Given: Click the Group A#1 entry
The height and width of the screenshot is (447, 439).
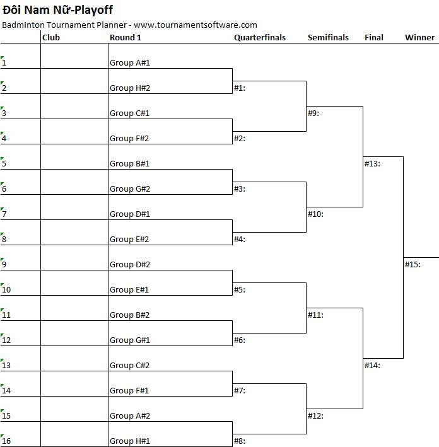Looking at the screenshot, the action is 130,62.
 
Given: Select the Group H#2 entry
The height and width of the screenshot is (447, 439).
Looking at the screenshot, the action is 130,88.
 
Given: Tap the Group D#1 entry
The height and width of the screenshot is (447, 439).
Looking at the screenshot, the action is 130,214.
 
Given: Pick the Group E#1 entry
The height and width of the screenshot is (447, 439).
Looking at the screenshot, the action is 129,289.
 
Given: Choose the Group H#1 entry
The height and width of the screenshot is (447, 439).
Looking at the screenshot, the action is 130,441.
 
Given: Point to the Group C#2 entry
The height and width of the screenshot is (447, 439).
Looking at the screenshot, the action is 129,366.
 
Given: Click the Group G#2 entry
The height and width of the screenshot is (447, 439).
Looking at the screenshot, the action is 130,189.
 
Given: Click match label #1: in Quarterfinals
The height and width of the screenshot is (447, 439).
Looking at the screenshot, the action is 240,88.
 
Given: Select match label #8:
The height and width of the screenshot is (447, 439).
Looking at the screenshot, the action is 240,441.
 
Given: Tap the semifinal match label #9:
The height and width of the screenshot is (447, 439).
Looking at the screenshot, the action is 313,113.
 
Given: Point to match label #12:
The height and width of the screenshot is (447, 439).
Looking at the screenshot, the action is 315,416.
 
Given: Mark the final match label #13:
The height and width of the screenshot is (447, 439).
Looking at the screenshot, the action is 372,164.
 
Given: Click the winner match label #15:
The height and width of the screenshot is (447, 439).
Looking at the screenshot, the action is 413,265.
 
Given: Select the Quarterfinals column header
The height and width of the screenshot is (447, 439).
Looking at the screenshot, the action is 260,38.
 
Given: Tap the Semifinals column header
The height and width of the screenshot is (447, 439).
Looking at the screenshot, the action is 329,38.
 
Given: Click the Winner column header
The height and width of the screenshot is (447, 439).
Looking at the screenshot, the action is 420,38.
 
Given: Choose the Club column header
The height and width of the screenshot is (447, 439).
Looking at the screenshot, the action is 51,38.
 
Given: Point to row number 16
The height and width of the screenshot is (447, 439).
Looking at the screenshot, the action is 6,441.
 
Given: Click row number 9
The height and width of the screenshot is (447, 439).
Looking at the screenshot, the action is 4,265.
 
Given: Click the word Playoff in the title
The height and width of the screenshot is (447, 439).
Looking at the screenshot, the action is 94,10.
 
